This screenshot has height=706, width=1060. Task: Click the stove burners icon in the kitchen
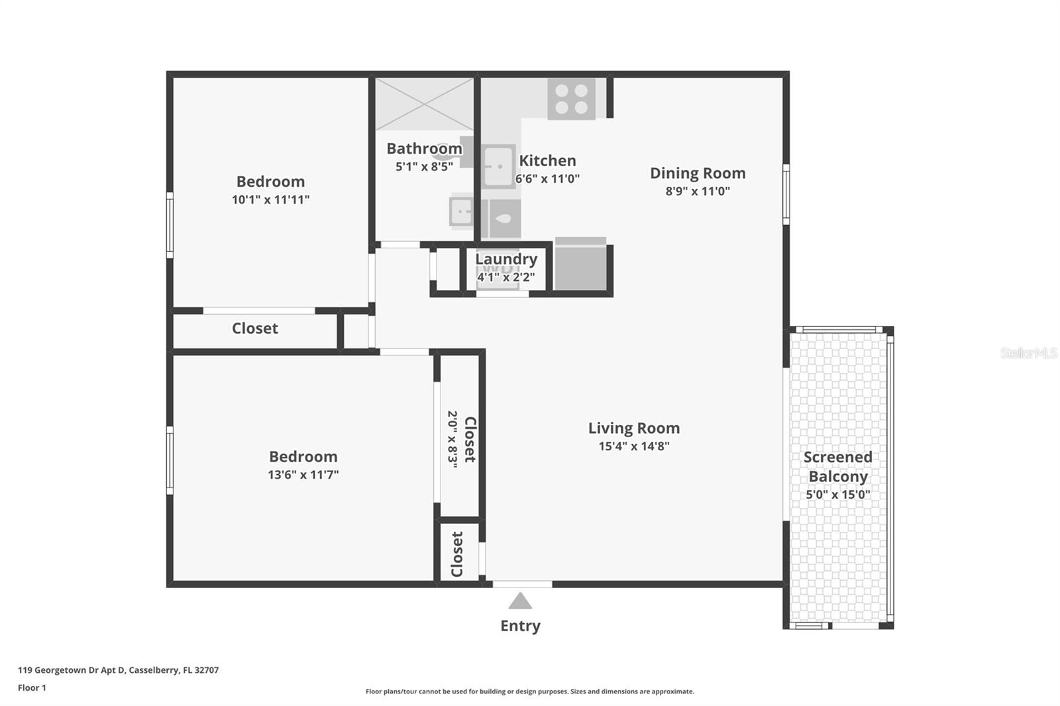[571, 99]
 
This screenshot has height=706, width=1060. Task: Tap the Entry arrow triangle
[520, 601]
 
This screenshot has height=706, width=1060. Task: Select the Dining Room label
[698, 173]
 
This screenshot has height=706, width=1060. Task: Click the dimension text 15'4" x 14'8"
[634, 446]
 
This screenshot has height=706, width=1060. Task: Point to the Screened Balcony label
[837, 466]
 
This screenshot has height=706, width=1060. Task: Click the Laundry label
[506, 259]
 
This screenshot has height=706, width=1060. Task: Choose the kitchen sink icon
[498, 166]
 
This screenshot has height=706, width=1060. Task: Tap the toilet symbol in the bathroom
[502, 219]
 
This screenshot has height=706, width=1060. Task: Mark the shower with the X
[424, 103]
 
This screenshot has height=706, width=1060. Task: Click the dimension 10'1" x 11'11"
[270, 199]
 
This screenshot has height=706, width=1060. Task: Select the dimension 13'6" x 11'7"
[303, 475]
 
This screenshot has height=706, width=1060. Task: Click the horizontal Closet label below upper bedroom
[254, 328]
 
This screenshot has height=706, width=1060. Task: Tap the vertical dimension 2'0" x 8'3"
[452, 439]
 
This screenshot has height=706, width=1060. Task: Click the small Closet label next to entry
[457, 554]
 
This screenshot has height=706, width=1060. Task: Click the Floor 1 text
[32, 687]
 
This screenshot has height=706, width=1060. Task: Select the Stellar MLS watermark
[1028, 353]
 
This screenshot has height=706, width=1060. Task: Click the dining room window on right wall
[786, 194]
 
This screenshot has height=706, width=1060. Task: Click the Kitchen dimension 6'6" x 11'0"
[547, 179]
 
